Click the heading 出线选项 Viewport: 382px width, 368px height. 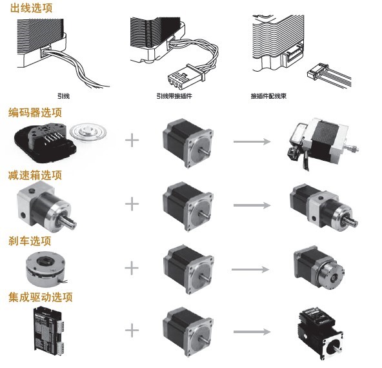click(31, 8)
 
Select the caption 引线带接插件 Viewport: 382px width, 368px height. click(174, 96)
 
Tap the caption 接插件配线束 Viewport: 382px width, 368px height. click(268, 96)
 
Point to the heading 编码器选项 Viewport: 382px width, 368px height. click(35, 112)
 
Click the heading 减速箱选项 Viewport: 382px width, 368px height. click(35, 175)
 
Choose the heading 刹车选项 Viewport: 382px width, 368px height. click(30, 241)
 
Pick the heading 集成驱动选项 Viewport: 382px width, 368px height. click(41, 298)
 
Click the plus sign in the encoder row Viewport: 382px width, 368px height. click(132, 140)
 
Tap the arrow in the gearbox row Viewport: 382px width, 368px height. click(252, 205)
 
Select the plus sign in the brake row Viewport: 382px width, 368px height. click(132, 268)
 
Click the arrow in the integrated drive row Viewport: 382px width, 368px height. click(252, 332)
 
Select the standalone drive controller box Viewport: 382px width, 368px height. click(49, 329)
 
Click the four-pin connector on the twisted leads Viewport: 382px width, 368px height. click(186, 77)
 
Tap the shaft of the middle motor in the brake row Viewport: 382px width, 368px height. click(205, 278)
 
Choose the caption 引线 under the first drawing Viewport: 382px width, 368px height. click(63, 96)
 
